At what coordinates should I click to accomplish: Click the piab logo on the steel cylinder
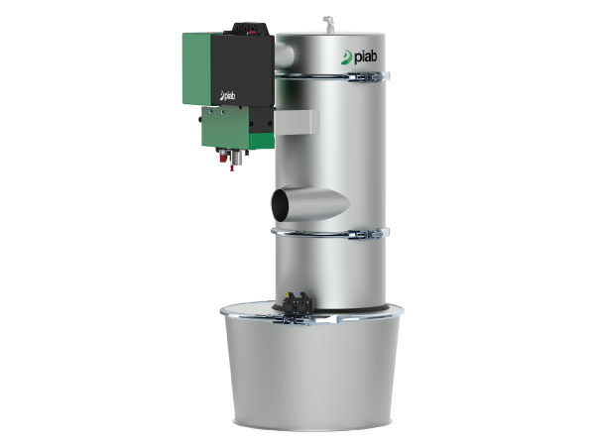pyautogui.click(x=359, y=57)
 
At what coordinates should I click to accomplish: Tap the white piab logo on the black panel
pyautogui.click(x=228, y=96)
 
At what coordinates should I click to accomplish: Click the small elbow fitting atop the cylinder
pyautogui.click(x=328, y=24)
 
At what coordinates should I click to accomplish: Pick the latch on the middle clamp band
pyautogui.click(x=366, y=234)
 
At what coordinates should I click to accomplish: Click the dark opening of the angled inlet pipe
pyautogui.click(x=280, y=205)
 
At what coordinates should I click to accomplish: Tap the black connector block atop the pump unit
pyautogui.click(x=249, y=29)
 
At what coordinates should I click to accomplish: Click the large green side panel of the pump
pyautogui.click(x=196, y=68)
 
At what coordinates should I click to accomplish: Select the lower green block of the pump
pyautogui.click(x=226, y=128)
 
